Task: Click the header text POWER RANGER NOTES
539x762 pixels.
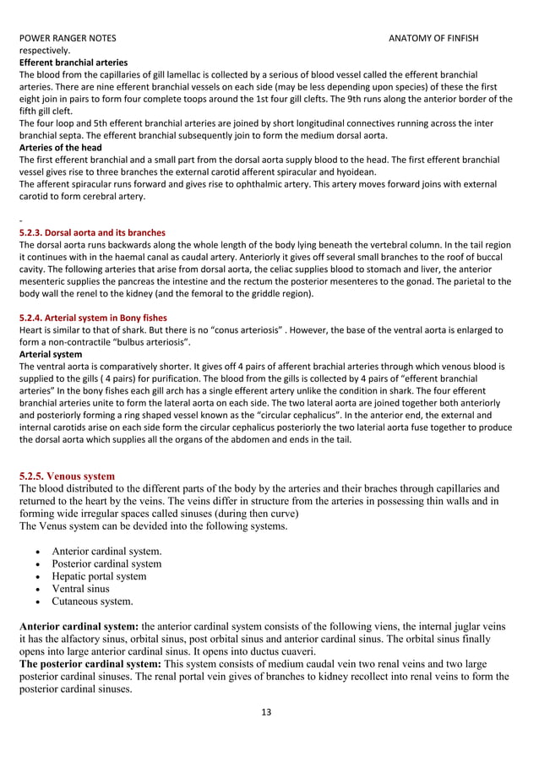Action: pyautogui.click(x=68, y=39)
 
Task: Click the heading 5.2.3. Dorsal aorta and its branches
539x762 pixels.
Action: pyautogui.click(x=92, y=232)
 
